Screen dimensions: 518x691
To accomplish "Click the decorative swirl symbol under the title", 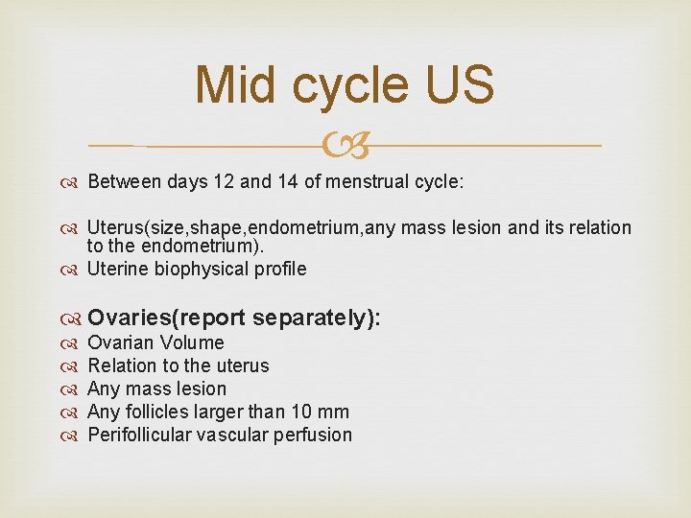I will point(345,146).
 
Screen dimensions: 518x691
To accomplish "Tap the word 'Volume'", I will point(192,343).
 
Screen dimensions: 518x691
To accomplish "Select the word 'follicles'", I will point(158,412).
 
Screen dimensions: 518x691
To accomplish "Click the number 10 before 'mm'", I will point(302,412).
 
